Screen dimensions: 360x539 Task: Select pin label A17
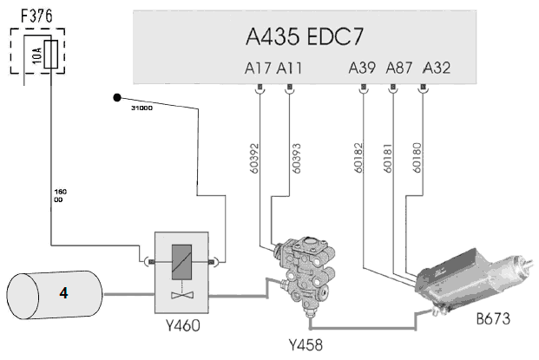[260, 68]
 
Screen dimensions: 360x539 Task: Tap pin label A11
[290, 68]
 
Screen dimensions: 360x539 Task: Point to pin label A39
[362, 68]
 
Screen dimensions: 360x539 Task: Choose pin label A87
[399, 68]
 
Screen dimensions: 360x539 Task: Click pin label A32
[437, 68]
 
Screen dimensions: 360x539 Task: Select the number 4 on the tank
[63, 294]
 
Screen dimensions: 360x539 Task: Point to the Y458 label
[305, 344]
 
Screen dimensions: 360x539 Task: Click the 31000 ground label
[142, 109]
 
